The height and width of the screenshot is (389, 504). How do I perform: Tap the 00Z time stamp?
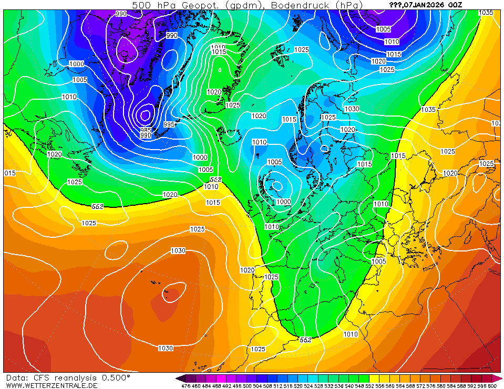pyautogui.click(x=455, y=5)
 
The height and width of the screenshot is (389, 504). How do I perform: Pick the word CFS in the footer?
pyautogui.click(x=40, y=377)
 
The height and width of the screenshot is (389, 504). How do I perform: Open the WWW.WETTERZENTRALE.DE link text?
pyautogui.click(x=52, y=385)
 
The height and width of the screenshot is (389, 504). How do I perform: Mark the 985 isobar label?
pyautogui.click(x=146, y=130)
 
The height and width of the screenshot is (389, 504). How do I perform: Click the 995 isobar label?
pyautogui.click(x=169, y=124)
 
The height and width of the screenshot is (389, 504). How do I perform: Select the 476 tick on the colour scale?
pyautogui.click(x=186, y=386)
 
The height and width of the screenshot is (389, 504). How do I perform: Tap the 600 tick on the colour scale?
pyautogui.click(x=492, y=386)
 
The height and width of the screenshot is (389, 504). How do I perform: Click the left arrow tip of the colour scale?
pyautogui.click(x=178, y=378)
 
